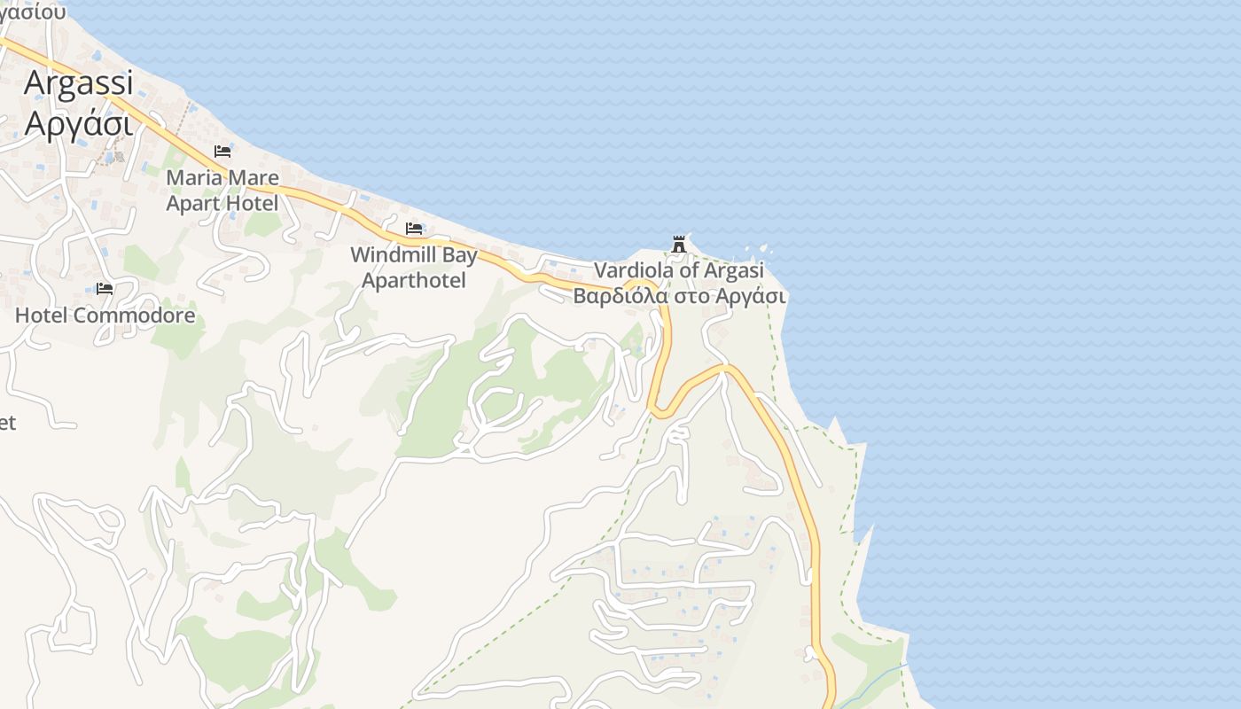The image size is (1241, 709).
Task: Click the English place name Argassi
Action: (78, 82)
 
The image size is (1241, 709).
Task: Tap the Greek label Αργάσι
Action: (78, 122)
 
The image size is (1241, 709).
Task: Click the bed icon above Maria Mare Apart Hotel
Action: (222, 152)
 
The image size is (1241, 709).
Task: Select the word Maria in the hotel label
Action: (193, 178)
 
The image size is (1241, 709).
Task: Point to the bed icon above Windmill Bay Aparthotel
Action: (414, 229)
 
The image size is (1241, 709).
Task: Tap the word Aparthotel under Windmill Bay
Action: (414, 281)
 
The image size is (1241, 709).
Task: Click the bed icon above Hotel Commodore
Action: (105, 289)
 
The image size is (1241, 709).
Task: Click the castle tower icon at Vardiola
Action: (679, 244)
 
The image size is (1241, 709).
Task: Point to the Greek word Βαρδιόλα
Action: (620, 296)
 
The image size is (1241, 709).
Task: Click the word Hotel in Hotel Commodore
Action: (40, 316)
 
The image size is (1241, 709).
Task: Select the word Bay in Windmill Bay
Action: (461, 255)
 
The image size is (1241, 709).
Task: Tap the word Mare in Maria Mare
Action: (252, 178)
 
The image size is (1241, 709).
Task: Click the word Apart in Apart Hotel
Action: (191, 204)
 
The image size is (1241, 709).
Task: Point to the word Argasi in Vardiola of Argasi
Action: (733, 270)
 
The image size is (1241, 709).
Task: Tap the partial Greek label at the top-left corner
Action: (33, 11)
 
